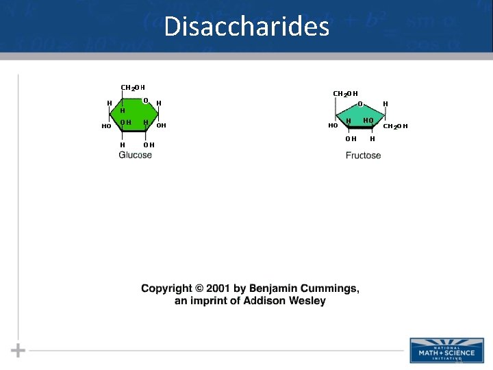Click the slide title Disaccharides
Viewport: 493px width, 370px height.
click(246, 27)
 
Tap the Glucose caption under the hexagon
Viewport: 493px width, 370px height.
click(136, 156)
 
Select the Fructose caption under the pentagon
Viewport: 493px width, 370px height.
click(363, 156)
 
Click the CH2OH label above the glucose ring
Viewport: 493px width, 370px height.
click(132, 88)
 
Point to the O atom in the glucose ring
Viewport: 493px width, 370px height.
click(145, 101)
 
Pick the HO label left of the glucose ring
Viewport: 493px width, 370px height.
click(106, 127)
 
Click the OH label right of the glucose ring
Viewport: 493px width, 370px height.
click(162, 125)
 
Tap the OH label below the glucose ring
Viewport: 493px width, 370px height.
click(149, 145)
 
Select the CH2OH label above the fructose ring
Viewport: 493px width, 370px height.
click(344, 93)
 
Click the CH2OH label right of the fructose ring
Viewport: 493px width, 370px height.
click(395, 126)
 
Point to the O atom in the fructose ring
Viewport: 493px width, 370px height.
click(360, 104)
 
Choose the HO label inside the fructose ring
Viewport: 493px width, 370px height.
click(368, 121)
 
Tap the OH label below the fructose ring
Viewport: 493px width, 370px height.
click(350, 138)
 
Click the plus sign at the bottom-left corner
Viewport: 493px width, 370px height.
click(18, 350)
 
